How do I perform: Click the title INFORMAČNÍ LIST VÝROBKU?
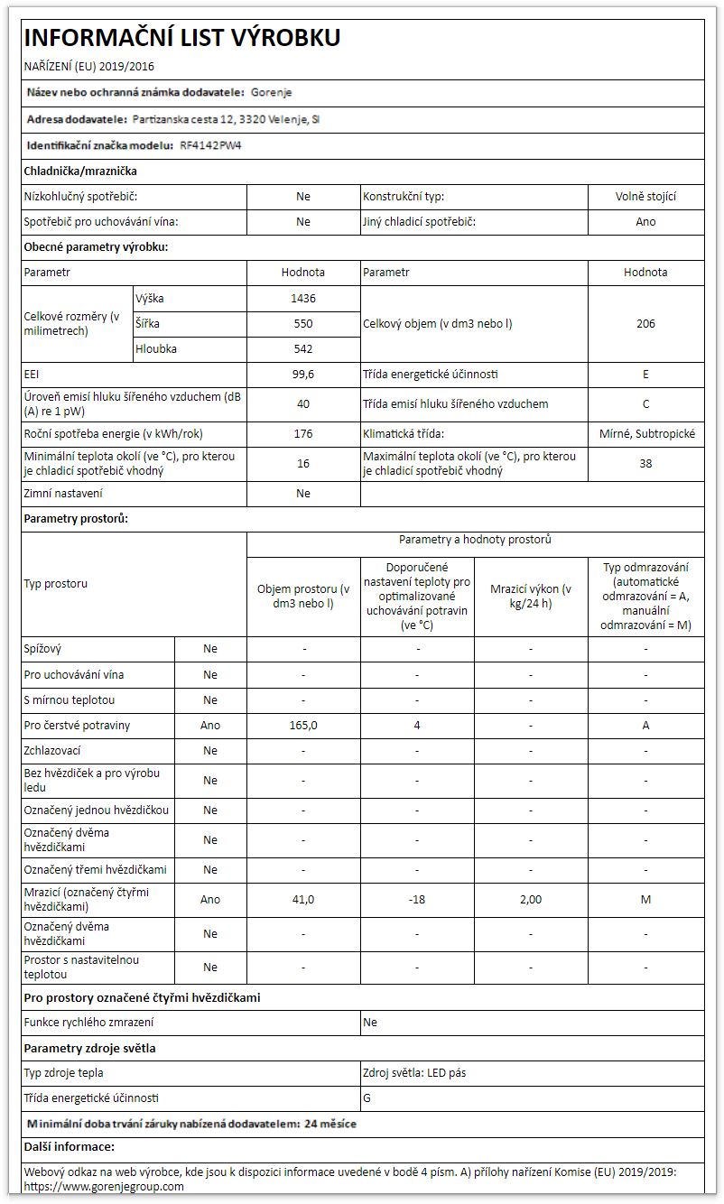click(x=181, y=38)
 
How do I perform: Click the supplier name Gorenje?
click(x=272, y=92)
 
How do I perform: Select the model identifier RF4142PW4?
click(x=210, y=144)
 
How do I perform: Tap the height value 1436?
click(x=303, y=298)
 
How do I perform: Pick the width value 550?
click(x=303, y=323)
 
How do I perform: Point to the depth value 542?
click(x=303, y=348)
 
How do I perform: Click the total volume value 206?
click(x=645, y=323)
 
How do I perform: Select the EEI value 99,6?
click(x=303, y=374)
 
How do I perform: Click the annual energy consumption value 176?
click(x=303, y=433)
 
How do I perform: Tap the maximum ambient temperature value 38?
click(x=645, y=463)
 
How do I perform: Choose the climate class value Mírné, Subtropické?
click(x=646, y=433)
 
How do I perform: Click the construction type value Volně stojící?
click(x=645, y=196)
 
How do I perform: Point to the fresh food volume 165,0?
click(x=303, y=725)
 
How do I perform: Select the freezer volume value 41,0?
click(x=303, y=899)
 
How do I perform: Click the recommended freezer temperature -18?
click(x=417, y=899)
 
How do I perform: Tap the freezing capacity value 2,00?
click(x=531, y=899)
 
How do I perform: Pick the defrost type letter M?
click(x=645, y=899)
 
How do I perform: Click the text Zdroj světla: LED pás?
click(x=414, y=1073)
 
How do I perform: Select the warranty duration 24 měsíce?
click(x=330, y=1124)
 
